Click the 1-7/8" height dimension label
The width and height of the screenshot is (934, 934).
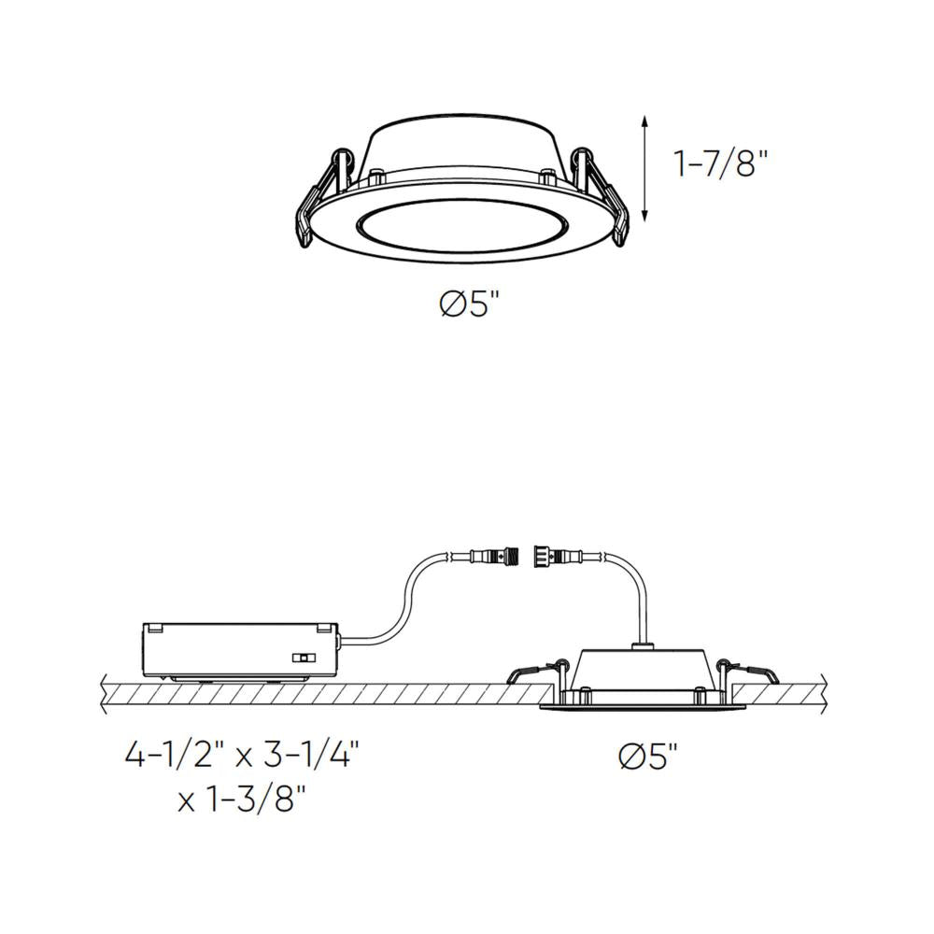721,165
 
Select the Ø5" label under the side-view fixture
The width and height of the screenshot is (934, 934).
648,757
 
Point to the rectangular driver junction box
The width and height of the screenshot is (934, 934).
239,650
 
